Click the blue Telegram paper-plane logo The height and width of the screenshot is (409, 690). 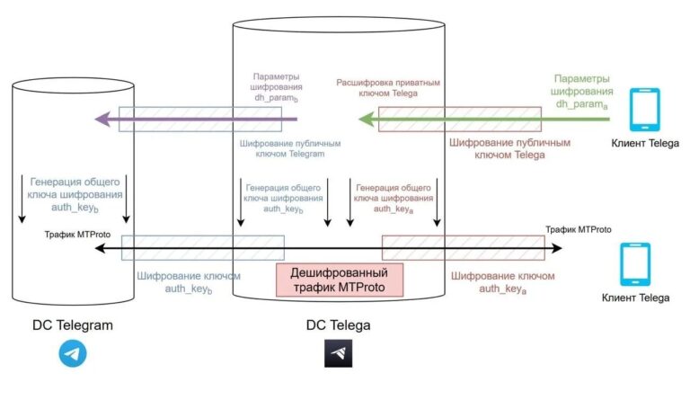pyautogui.click(x=73, y=353)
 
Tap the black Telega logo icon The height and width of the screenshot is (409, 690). pyautogui.click(x=339, y=353)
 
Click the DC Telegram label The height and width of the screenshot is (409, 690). pyautogui.click(x=73, y=325)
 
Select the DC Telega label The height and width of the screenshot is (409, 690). pyautogui.click(x=340, y=325)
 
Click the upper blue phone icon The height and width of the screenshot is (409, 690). pyautogui.click(x=644, y=109)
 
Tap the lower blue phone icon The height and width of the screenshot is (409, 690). pyautogui.click(x=637, y=265)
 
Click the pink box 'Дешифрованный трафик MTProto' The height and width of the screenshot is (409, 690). pyautogui.click(x=340, y=279)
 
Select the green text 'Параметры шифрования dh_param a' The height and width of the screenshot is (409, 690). pyautogui.click(x=583, y=92)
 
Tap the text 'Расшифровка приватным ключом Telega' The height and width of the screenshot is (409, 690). pyautogui.click(x=388, y=88)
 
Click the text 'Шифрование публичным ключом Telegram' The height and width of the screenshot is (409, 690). pyautogui.click(x=283, y=148)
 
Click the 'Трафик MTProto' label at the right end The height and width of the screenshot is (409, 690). pyautogui.click(x=579, y=229)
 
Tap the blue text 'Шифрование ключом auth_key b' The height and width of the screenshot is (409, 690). pyautogui.click(x=187, y=282)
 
